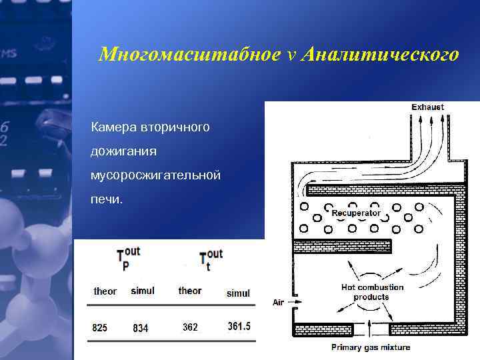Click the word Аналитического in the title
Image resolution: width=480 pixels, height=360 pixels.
380,55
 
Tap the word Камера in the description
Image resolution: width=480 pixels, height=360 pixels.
114,126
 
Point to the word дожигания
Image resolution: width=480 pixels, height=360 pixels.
124,151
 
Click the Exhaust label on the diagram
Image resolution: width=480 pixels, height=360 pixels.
427,107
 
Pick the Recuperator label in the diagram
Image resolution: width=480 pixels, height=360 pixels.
356,213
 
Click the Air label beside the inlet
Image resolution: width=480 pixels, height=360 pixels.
278,302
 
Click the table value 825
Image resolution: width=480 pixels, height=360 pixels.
100,327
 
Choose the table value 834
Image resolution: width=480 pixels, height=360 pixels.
141,328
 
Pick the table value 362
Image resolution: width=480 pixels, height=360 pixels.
190,327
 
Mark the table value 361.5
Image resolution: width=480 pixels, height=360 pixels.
239,327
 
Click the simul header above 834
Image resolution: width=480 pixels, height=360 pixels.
143,291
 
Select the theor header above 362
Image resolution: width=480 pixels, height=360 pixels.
190,291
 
